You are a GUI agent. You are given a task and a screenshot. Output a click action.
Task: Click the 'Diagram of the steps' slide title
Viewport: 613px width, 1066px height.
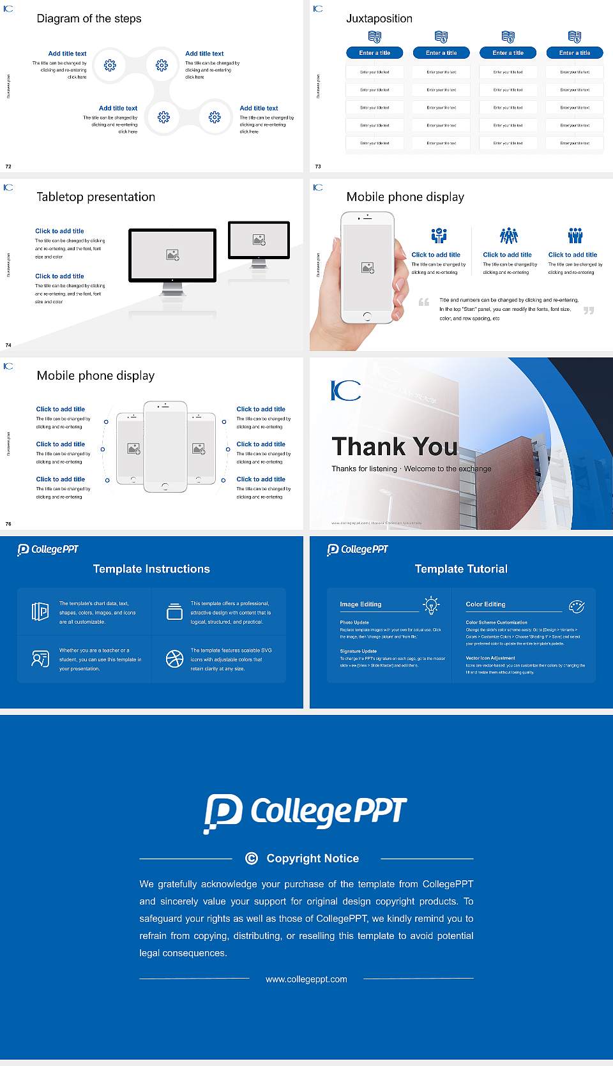tap(89, 19)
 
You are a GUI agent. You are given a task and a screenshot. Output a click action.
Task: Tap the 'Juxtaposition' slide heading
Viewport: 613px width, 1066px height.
tap(379, 19)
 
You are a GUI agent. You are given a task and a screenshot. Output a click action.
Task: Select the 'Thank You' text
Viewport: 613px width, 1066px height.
tap(395, 447)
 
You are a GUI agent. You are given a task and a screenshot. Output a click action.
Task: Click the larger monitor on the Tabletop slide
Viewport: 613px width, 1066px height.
tap(172, 255)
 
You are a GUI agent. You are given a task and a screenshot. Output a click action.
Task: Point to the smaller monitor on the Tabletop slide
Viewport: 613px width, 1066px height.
tap(259, 240)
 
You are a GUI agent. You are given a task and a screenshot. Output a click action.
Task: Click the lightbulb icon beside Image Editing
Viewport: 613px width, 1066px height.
tap(431, 605)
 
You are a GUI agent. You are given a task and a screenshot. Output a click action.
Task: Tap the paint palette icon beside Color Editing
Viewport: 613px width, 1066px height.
tap(577, 606)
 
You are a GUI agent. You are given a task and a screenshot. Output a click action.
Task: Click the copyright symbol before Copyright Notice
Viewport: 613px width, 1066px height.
tap(252, 859)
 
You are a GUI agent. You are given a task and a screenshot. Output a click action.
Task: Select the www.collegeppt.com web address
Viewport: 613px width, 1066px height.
tap(306, 979)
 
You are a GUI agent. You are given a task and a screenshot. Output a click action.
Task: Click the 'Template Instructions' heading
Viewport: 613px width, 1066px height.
tap(151, 569)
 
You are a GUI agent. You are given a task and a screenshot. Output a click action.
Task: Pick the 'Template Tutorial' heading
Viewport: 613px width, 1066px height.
tap(461, 569)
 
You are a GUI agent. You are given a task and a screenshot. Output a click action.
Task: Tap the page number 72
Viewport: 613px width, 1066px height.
tap(8, 166)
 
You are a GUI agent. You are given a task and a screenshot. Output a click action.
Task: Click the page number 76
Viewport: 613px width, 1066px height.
tap(8, 523)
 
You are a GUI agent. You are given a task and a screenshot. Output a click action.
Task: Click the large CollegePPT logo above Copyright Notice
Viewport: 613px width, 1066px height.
tap(305, 813)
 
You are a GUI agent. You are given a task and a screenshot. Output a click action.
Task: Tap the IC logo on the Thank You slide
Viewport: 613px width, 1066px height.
tap(345, 390)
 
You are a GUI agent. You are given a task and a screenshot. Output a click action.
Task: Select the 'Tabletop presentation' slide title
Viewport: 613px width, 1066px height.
tap(96, 197)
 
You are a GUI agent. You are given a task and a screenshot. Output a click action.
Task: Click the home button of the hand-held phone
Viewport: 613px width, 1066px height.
tap(367, 316)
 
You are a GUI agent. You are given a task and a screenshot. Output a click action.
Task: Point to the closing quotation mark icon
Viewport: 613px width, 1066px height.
tap(589, 310)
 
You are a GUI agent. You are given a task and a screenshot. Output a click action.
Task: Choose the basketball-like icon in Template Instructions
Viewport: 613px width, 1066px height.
tap(174, 659)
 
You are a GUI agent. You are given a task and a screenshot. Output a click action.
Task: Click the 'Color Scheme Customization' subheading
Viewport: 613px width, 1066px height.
tap(496, 622)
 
